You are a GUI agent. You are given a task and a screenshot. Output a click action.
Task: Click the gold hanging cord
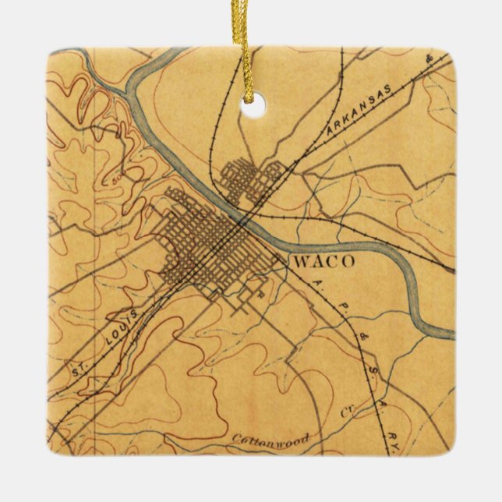click(x=249, y=47)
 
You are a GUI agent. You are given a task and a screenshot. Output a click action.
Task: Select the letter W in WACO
click(x=301, y=261)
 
